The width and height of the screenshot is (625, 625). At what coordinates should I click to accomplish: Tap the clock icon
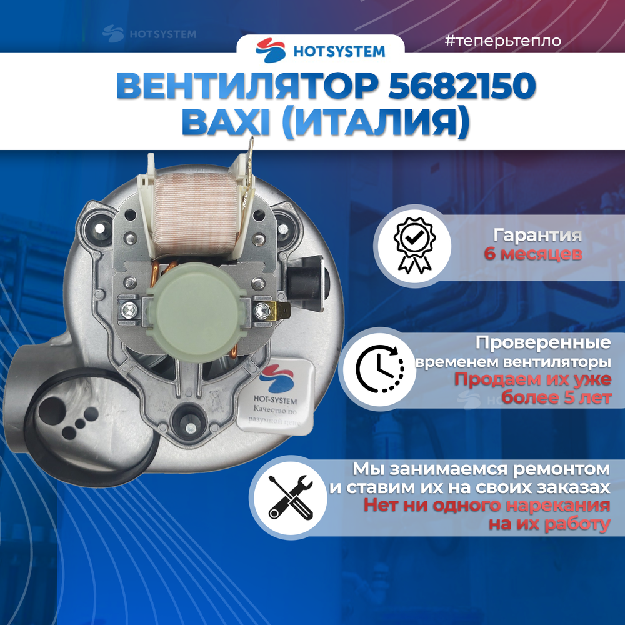[x=380, y=368]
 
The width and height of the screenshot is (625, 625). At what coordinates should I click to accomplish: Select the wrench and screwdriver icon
[x=290, y=496]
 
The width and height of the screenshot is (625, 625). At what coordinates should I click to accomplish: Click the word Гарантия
[x=537, y=236]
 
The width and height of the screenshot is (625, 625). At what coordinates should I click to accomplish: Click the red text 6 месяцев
[x=533, y=254]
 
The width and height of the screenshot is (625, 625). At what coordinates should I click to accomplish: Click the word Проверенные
[x=543, y=343]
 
